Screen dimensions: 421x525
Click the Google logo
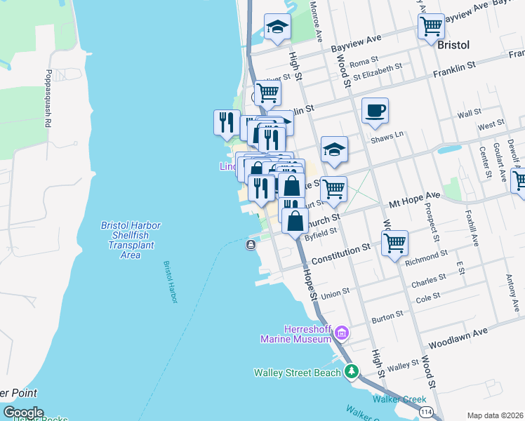click(23, 413)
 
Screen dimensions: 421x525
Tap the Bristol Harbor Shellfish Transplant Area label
click(131, 240)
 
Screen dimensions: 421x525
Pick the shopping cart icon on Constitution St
click(395, 243)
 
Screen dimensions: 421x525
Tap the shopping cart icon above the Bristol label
click(431, 26)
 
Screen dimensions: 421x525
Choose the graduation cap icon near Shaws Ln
click(334, 149)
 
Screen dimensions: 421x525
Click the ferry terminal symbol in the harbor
click(251, 244)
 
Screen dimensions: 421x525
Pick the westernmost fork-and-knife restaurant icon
click(227, 122)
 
